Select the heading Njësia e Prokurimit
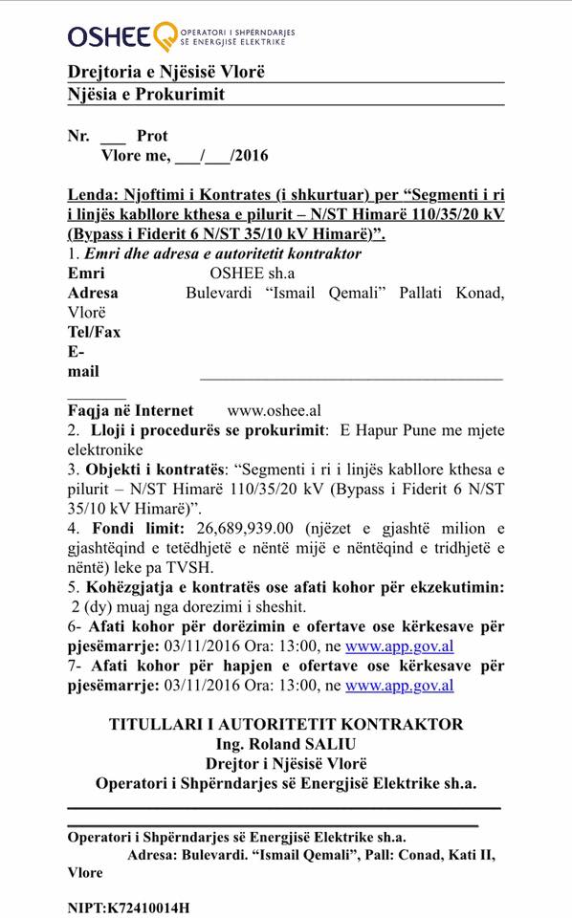coord(146,95)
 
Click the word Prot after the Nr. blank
coord(152,137)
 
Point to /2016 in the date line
coord(250,156)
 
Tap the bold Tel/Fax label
coord(94,332)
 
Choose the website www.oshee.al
coord(274,410)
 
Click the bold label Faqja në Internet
coord(130,410)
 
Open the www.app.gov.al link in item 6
coord(399,645)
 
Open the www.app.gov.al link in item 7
coord(399,686)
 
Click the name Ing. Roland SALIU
coord(285,744)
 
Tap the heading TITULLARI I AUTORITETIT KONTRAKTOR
coord(285,725)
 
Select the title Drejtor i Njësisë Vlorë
coord(285,763)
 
